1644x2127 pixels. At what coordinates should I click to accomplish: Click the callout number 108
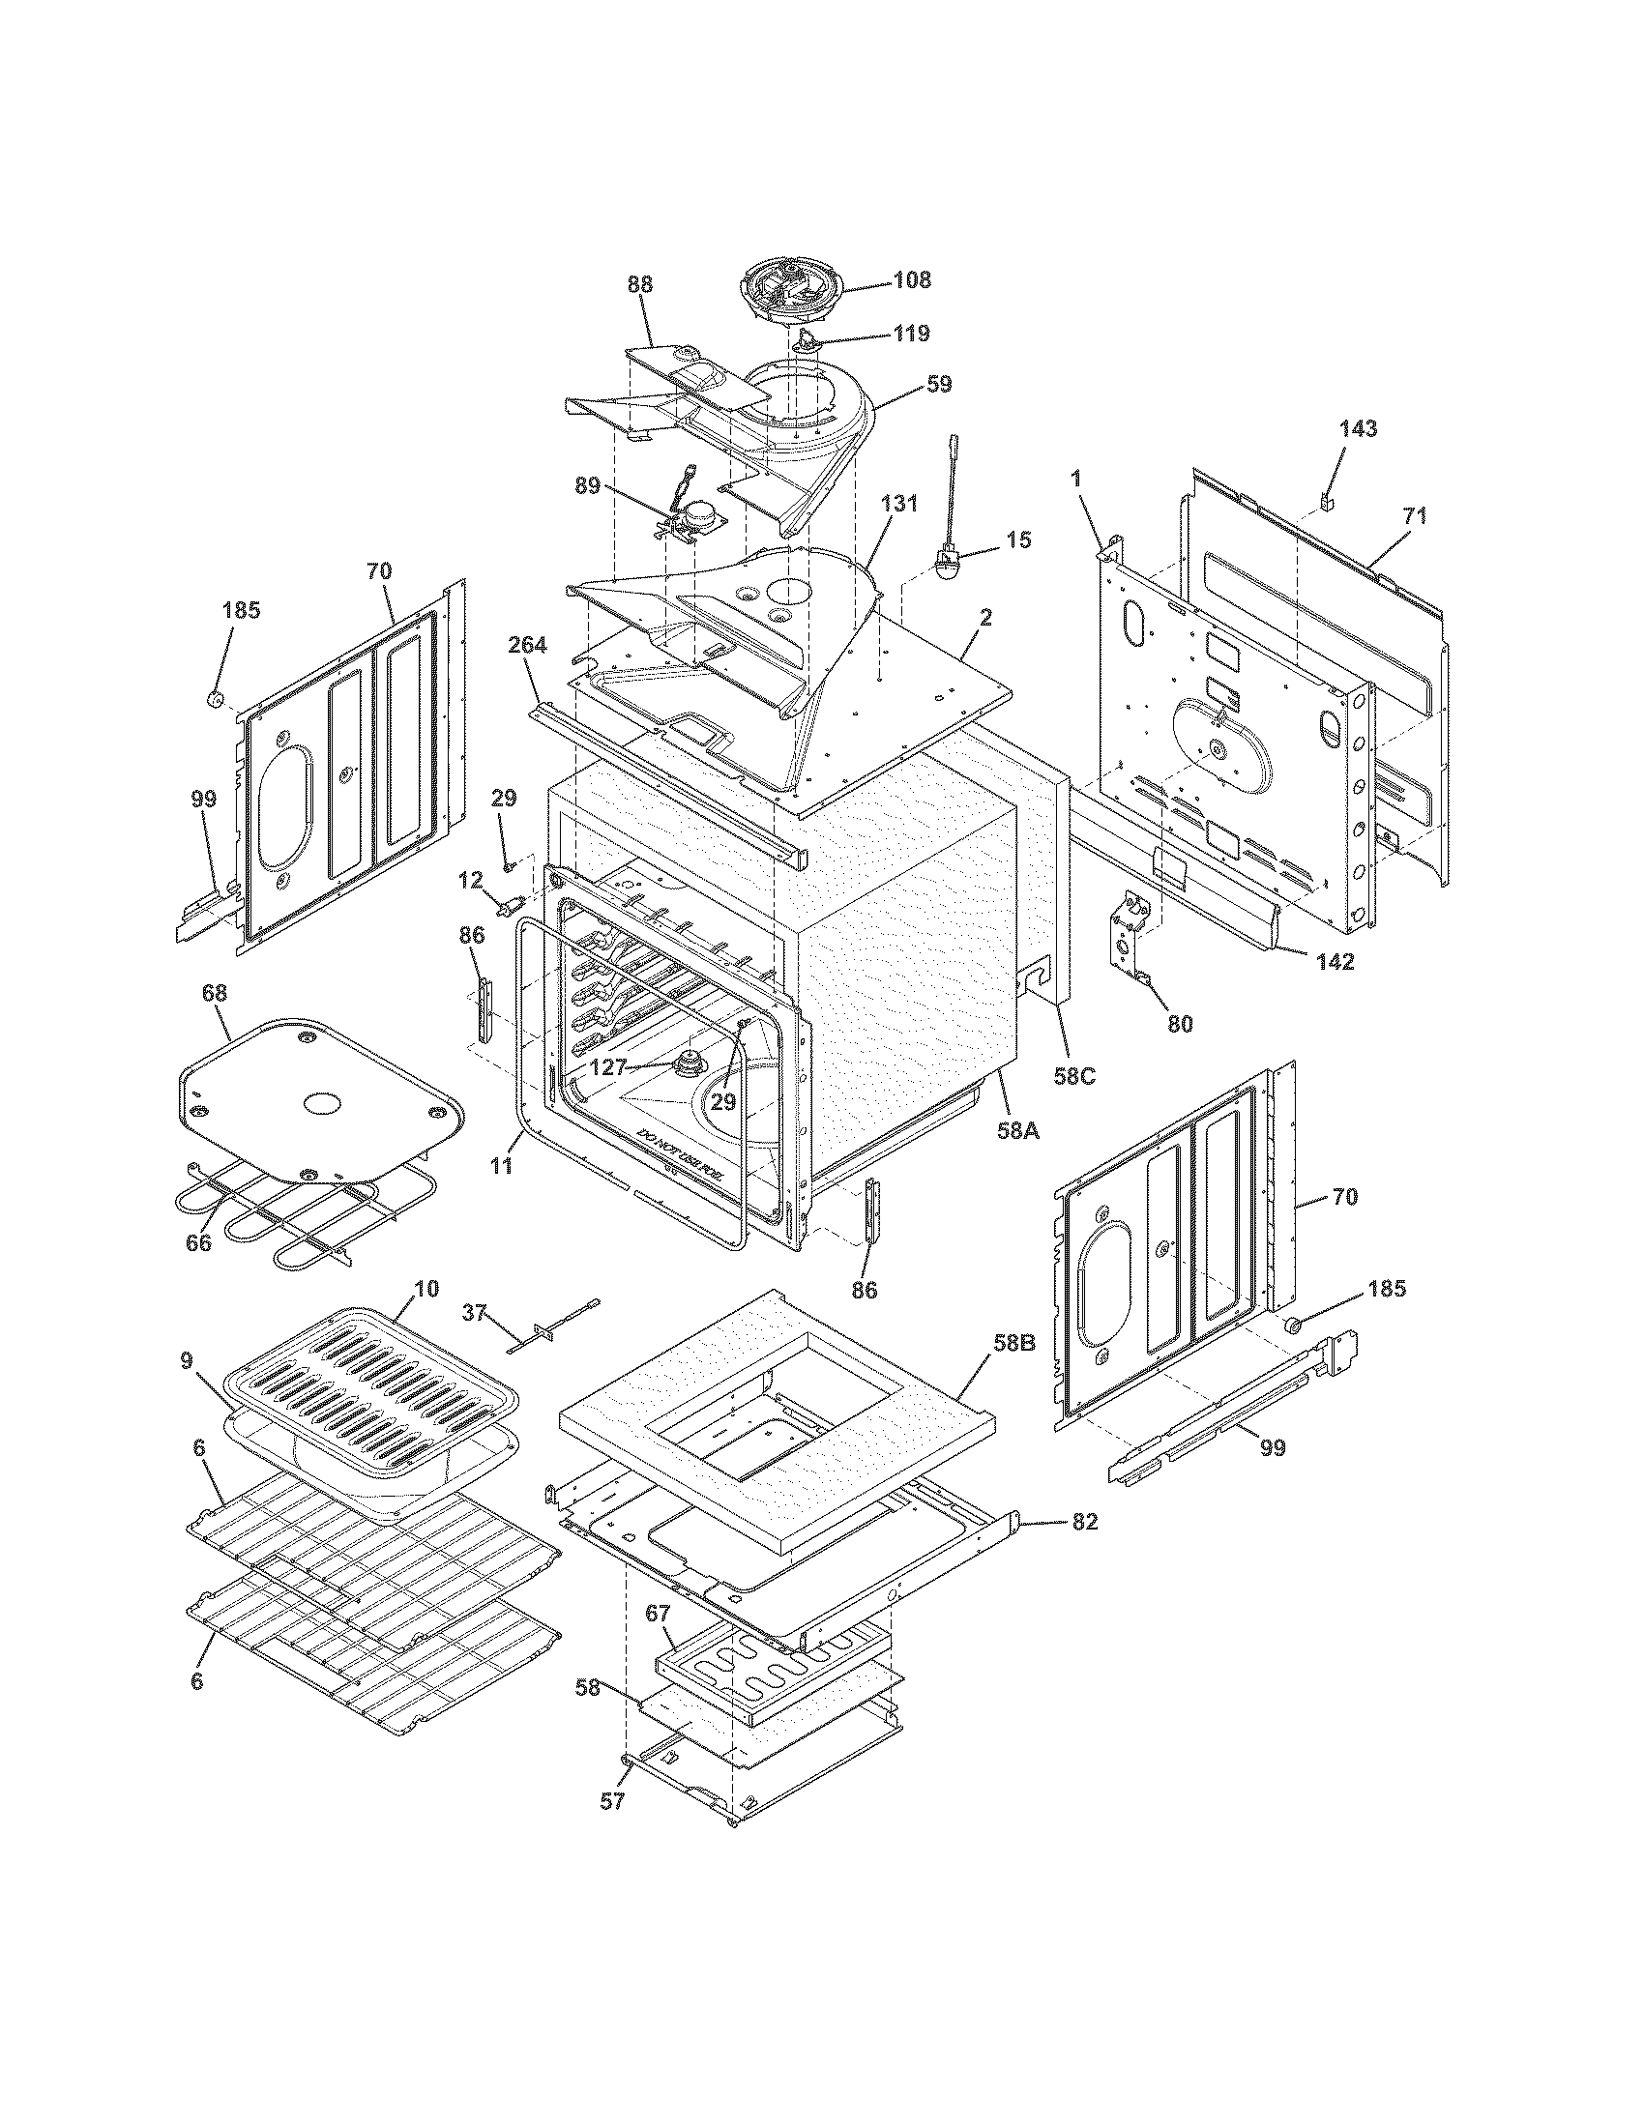pyautogui.click(x=912, y=280)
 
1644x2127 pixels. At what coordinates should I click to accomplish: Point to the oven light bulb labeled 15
pyautogui.click(x=946, y=566)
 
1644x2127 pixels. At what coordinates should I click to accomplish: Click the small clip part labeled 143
pyautogui.click(x=1327, y=501)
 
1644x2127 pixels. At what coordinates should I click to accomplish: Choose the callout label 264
pyautogui.click(x=527, y=645)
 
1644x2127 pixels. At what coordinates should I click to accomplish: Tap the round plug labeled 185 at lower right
pyautogui.click(x=1295, y=1324)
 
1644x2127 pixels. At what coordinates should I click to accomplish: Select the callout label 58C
pyautogui.click(x=1074, y=1076)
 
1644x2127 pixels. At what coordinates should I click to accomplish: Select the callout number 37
pyautogui.click(x=474, y=1314)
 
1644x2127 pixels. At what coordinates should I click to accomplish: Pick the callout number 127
pyautogui.click(x=608, y=1067)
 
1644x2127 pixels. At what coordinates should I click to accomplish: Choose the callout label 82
pyautogui.click(x=1084, y=1521)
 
